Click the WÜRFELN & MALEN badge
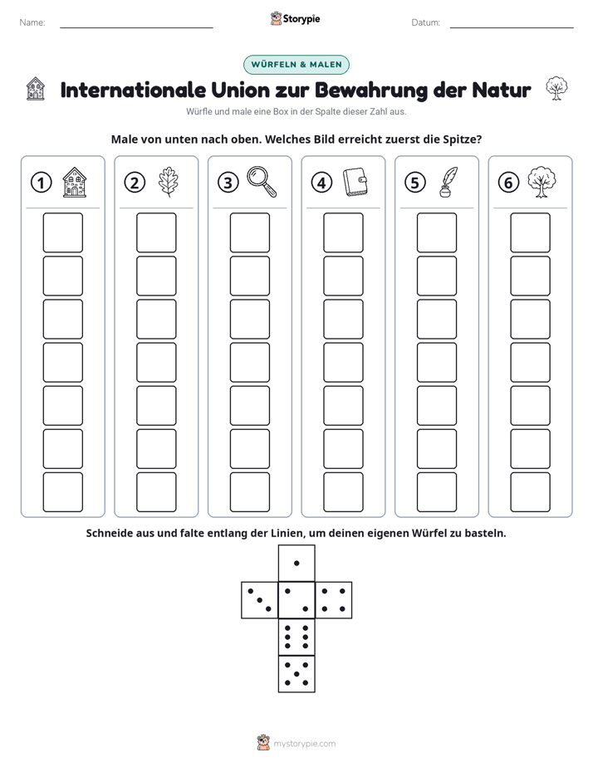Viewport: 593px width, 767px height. pos(296,65)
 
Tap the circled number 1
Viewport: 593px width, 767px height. pos(41,183)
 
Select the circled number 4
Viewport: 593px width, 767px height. pos(321,183)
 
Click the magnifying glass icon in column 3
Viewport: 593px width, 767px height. pos(262,182)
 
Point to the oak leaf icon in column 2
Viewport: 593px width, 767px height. pos(169,182)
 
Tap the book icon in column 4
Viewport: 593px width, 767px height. pos(355,182)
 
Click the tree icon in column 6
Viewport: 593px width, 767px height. pos(542,182)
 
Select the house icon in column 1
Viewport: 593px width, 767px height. pos(75,182)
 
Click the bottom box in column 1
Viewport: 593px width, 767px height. pos(63,492)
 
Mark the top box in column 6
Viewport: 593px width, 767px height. pos(531,232)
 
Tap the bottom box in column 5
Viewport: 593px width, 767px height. pos(437,492)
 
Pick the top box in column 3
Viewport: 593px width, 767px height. pos(250,232)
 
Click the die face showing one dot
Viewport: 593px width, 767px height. pos(296,563)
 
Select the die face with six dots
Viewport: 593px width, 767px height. pos(296,637)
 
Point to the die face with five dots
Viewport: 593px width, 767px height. pos(296,674)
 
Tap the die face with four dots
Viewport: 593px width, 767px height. pos(334,600)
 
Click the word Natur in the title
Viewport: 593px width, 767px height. pos(502,90)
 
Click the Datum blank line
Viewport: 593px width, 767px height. pos(512,27)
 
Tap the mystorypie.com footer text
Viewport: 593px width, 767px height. pos(304,744)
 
